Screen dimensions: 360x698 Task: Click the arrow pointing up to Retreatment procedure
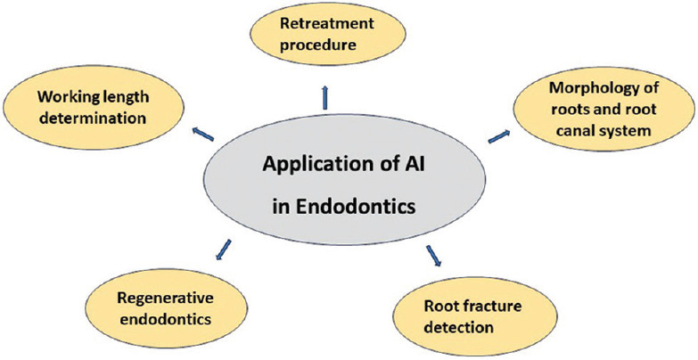(324, 95)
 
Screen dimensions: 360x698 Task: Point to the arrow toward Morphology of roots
(499, 135)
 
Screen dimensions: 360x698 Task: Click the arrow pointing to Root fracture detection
(435, 258)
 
